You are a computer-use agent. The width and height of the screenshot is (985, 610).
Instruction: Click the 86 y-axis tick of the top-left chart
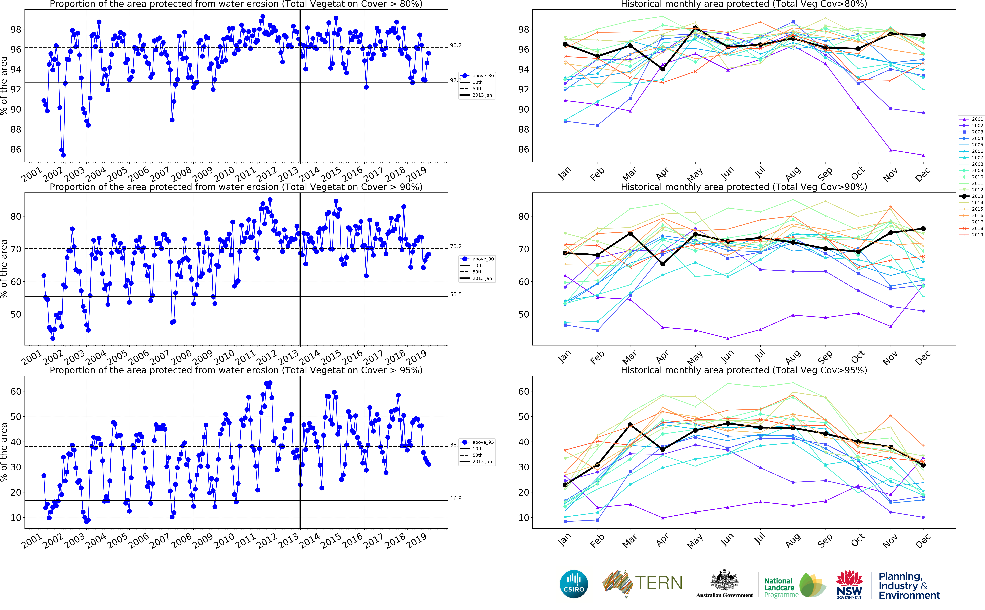pyautogui.click(x=15, y=149)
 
